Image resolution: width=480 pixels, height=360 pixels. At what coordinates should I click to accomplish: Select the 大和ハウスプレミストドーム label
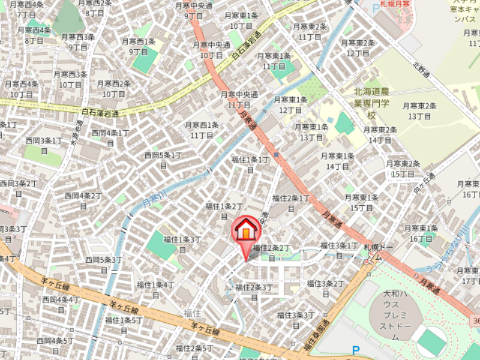(395, 316)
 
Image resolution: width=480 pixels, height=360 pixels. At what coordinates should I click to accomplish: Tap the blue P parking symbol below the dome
(355, 350)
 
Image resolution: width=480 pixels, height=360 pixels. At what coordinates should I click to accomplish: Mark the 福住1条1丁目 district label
(250, 164)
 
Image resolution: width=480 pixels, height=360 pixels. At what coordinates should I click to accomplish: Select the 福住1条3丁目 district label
(182, 244)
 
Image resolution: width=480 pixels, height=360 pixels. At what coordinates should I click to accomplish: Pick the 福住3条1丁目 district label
(339, 250)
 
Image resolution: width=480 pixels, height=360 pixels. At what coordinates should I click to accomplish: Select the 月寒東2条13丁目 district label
(419, 111)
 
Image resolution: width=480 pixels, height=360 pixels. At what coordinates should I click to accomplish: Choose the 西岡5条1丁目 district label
(163, 160)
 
